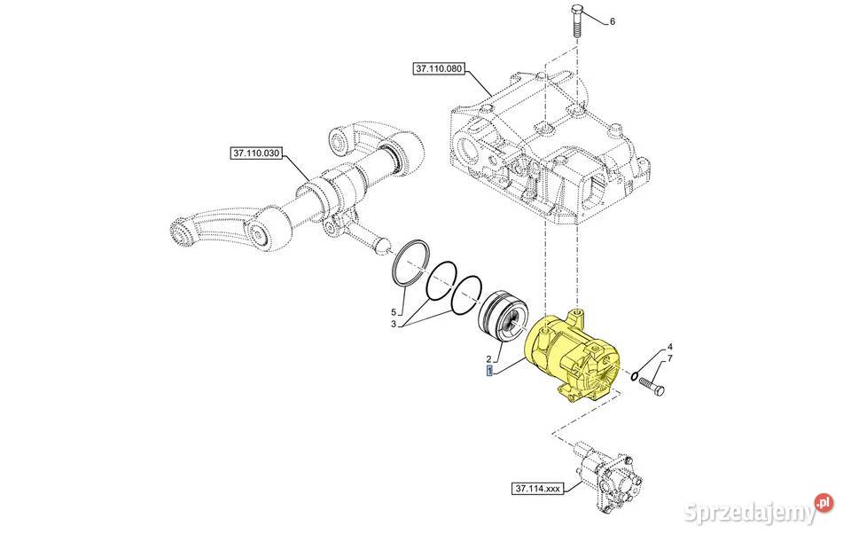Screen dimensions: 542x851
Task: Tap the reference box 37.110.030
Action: point(256,153)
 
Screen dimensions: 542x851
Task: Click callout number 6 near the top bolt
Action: point(612,21)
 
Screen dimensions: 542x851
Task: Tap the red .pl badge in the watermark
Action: point(824,503)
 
